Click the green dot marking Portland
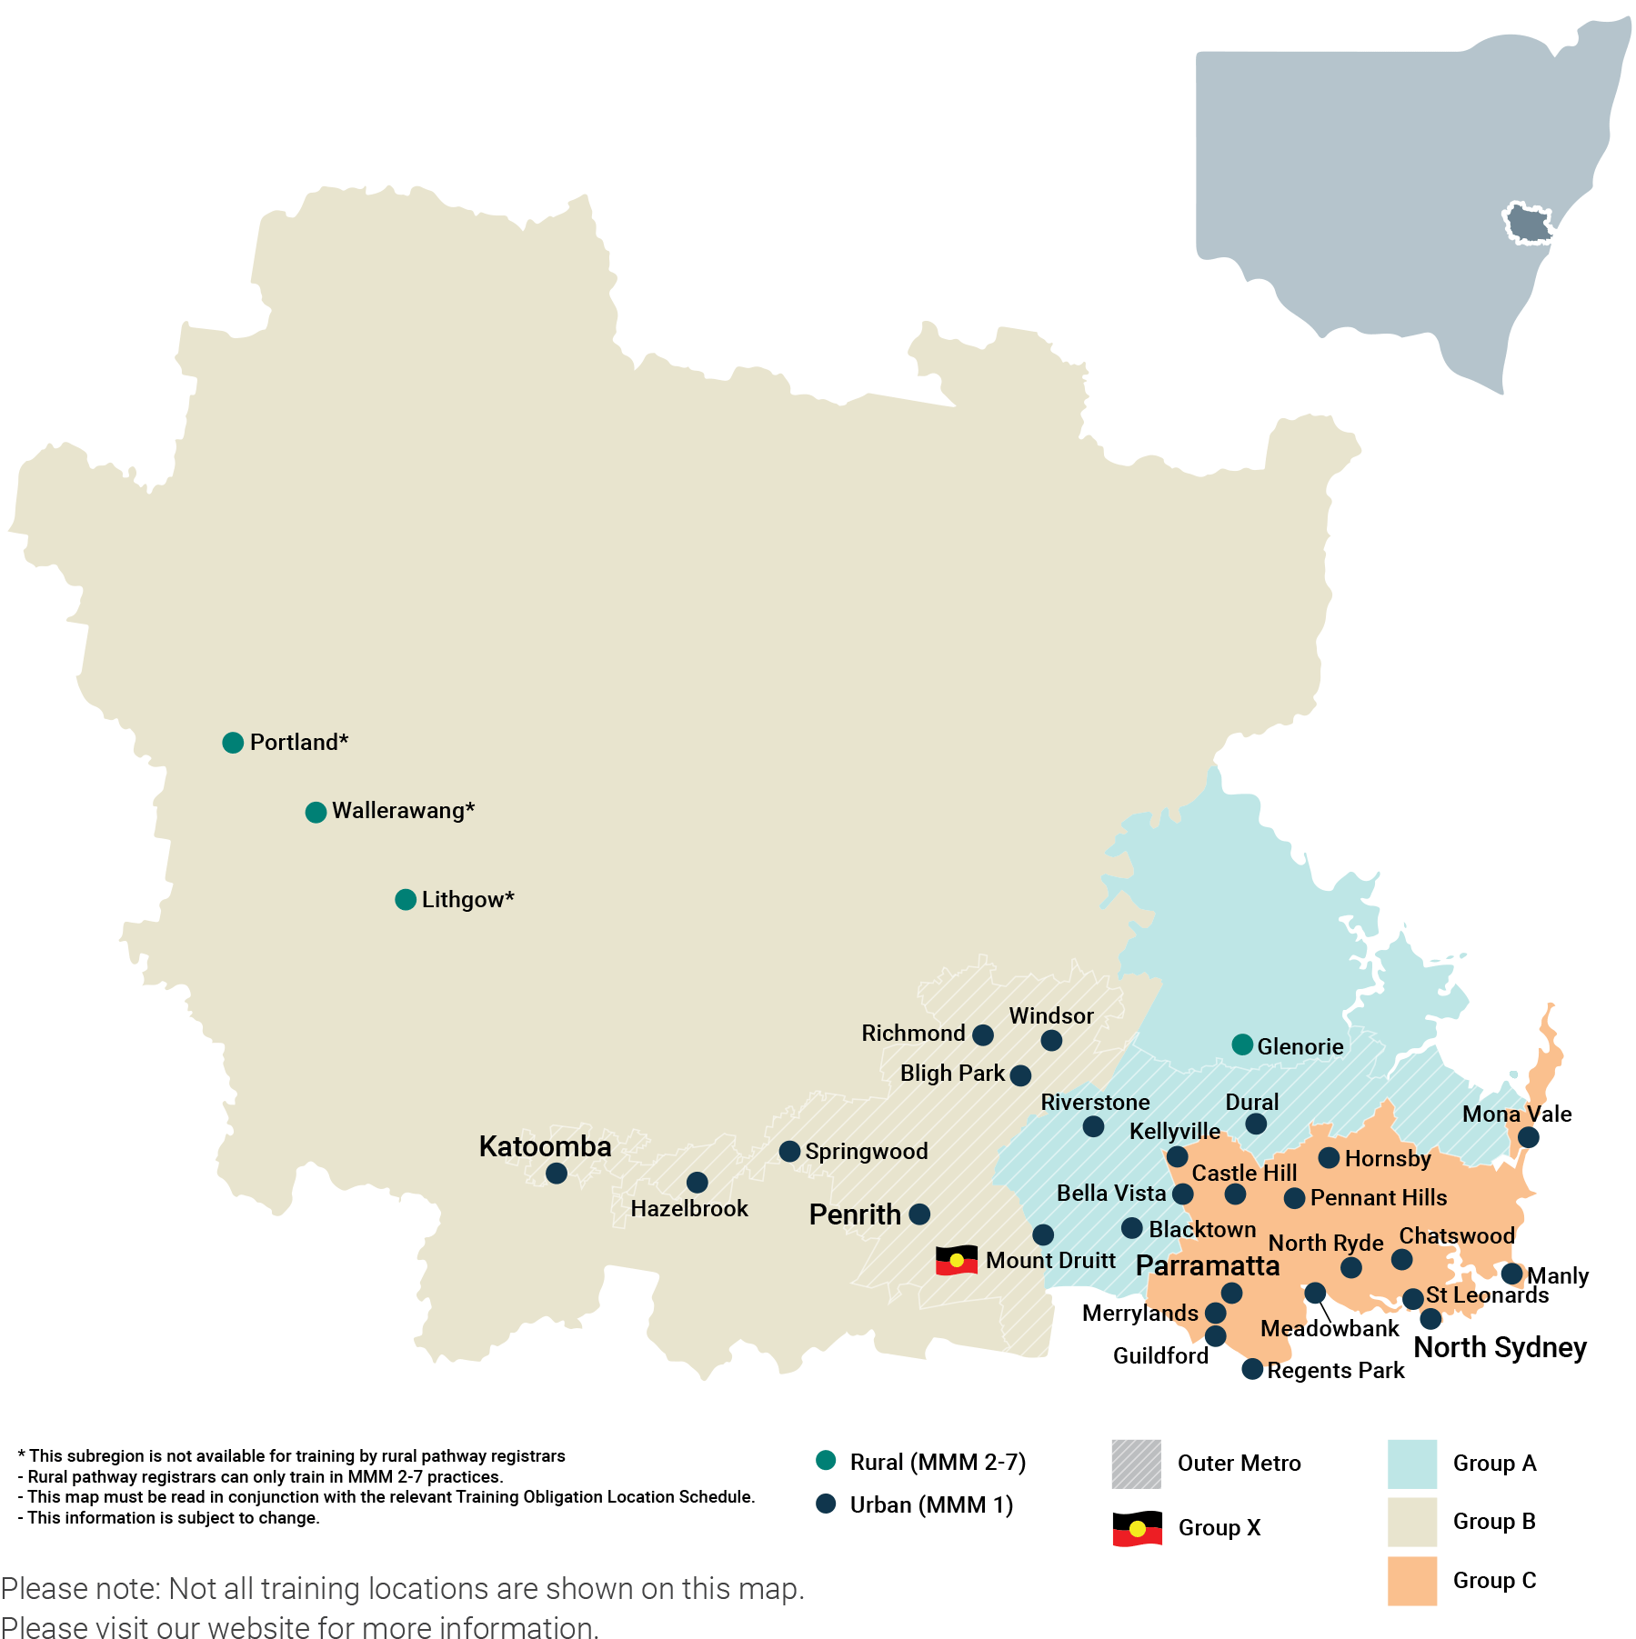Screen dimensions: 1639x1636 [x=233, y=743]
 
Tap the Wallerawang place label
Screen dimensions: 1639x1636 [x=403, y=810]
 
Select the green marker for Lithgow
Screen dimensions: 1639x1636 [x=406, y=899]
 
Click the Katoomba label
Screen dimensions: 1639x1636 [x=545, y=1146]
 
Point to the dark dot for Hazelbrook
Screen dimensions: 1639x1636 [x=697, y=1182]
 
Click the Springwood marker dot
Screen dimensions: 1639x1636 [x=789, y=1152]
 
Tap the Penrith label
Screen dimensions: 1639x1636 [x=855, y=1214]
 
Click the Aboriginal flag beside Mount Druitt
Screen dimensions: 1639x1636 [x=957, y=1260]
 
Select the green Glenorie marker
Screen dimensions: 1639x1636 [x=1242, y=1044]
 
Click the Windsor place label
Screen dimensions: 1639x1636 [x=1051, y=1015]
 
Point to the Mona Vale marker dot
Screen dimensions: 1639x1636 [x=1529, y=1136]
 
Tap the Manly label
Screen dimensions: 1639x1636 [x=1558, y=1275]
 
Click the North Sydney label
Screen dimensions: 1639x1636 [x=1500, y=1347]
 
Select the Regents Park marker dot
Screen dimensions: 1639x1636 [x=1252, y=1369]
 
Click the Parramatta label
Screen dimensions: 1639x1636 [x=1208, y=1265]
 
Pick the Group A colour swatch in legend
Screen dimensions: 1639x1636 [x=1411, y=1464]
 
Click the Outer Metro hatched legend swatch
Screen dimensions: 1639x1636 [x=1136, y=1464]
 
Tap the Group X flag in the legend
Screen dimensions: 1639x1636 [x=1137, y=1528]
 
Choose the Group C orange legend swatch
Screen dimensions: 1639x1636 [x=1411, y=1581]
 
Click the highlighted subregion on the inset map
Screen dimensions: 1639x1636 [x=1528, y=224]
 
